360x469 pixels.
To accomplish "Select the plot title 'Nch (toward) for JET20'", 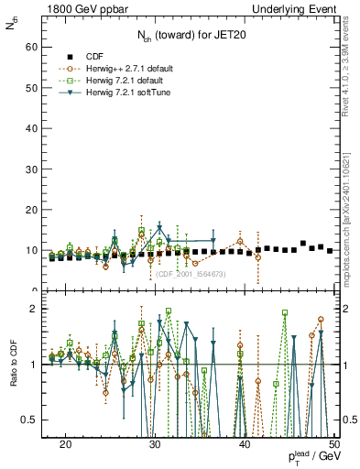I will tap(193, 38).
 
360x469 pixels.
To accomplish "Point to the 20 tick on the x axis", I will tap(66, 443).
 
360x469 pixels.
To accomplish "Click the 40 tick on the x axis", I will tap(245, 443).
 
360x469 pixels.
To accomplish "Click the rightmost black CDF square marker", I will tap(330, 250).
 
